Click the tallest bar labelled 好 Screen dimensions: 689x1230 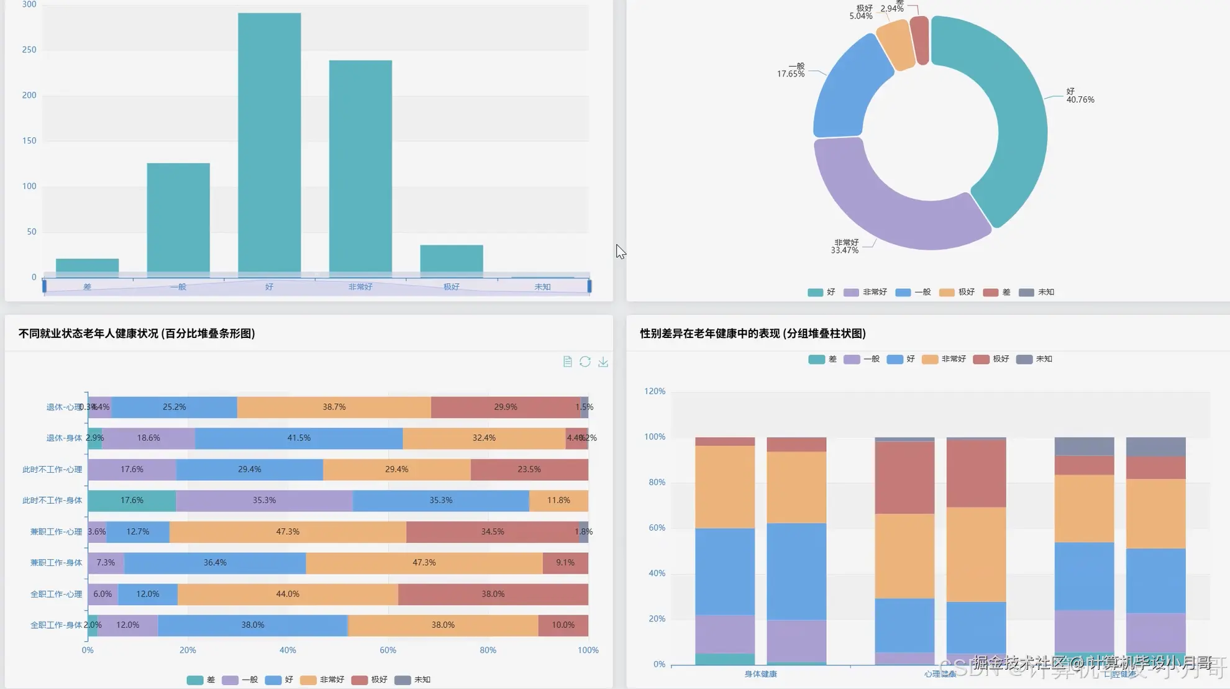[269, 143]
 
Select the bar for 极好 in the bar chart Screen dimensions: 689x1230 [451, 258]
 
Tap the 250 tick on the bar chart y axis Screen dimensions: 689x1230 [29, 50]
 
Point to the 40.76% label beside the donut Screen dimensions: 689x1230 [1080, 99]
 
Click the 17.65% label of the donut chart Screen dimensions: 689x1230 [790, 74]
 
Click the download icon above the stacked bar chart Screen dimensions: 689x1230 [603, 362]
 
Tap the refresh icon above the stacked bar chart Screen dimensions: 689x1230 [585, 362]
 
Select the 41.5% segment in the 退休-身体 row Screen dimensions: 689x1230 [299, 438]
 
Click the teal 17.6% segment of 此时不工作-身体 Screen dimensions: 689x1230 [132, 500]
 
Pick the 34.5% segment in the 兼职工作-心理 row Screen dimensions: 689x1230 [492, 532]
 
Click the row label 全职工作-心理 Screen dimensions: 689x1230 [56, 594]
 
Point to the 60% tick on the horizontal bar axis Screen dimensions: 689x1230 [388, 650]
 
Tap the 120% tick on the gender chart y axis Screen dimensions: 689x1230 [654, 391]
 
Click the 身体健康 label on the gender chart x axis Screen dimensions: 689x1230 [760, 673]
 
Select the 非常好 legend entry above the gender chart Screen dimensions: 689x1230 [945, 359]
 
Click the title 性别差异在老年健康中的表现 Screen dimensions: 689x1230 [753, 334]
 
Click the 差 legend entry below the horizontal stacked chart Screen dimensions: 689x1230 [201, 680]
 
